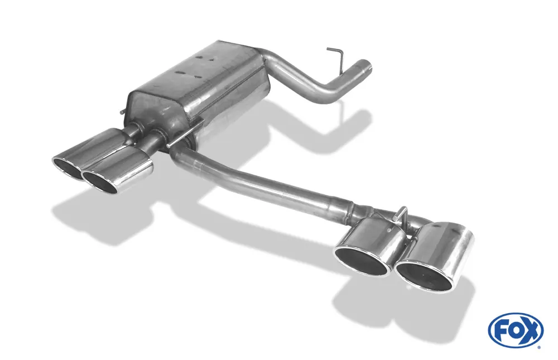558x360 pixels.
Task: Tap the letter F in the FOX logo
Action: tap(501, 330)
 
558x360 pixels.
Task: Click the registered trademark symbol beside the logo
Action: tap(539, 347)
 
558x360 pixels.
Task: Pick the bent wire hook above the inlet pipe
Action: tap(336, 55)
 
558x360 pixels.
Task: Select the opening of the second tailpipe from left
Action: tap(100, 182)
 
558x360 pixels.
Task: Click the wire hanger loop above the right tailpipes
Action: tap(401, 213)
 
